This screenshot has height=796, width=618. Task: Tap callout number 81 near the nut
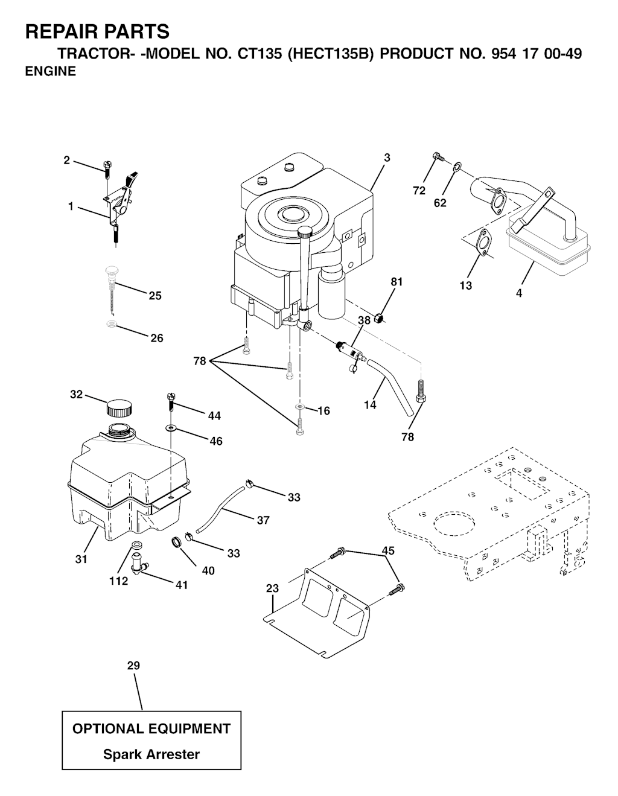pos(397,282)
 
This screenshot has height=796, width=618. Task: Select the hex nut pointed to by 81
pos(379,318)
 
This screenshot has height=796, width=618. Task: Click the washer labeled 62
pos(456,167)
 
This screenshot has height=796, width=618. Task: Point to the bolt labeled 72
pos(438,157)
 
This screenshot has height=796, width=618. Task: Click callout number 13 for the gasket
pos(465,285)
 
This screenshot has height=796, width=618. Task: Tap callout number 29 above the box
pos(134,666)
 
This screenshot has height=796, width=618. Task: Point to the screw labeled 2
pos(107,169)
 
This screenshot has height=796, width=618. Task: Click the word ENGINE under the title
pos(51,71)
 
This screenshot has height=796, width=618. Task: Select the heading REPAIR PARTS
pos(97,32)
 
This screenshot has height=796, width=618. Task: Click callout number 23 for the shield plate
pos(273,588)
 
